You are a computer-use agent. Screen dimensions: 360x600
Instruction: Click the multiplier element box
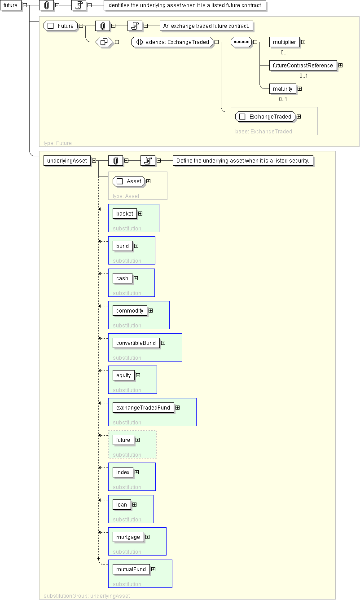click(284, 42)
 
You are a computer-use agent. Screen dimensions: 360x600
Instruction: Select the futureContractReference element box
click(303, 66)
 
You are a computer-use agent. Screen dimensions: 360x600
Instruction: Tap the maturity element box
click(282, 88)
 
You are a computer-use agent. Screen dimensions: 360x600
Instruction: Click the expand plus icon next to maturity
click(300, 88)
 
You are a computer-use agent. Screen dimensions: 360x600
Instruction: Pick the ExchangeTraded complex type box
click(265, 116)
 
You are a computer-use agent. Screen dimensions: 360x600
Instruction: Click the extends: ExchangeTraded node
click(172, 42)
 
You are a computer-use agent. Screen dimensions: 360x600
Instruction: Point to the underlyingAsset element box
click(67, 161)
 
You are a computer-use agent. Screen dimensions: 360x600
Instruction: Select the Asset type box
click(129, 181)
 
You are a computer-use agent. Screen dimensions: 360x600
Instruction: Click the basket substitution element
click(125, 214)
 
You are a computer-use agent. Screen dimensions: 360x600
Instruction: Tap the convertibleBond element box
click(136, 343)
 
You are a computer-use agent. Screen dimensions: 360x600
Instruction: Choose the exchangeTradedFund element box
click(143, 408)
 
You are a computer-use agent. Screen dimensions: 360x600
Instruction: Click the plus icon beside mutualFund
click(154, 569)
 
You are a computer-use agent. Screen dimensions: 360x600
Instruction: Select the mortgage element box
click(128, 537)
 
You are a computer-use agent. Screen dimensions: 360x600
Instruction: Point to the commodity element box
click(130, 311)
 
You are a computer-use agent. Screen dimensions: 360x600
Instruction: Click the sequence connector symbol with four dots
click(241, 42)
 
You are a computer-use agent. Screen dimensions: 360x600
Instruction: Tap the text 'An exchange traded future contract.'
click(206, 26)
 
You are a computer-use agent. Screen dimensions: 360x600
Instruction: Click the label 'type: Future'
click(57, 143)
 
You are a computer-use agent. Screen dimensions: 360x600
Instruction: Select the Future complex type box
click(61, 26)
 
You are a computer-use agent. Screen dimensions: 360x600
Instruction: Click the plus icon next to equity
click(138, 375)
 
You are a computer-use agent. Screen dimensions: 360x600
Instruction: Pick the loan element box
click(122, 505)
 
